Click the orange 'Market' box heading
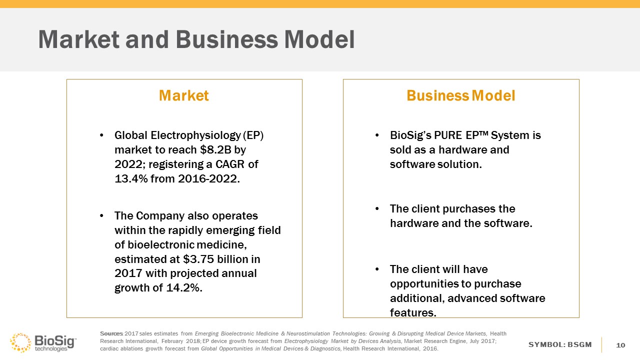coord(183,95)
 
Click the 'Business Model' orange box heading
coord(461,95)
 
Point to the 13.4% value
coord(131,179)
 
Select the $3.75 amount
coord(198,259)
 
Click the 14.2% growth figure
coord(184,287)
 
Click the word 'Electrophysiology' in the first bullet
coord(195,135)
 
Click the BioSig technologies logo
coord(43,342)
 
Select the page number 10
coord(620,345)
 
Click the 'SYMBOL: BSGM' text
coord(560,344)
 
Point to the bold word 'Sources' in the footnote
coord(111,333)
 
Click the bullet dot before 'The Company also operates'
coord(101,216)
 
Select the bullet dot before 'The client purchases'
coord(377,209)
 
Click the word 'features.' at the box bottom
coord(413,312)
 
